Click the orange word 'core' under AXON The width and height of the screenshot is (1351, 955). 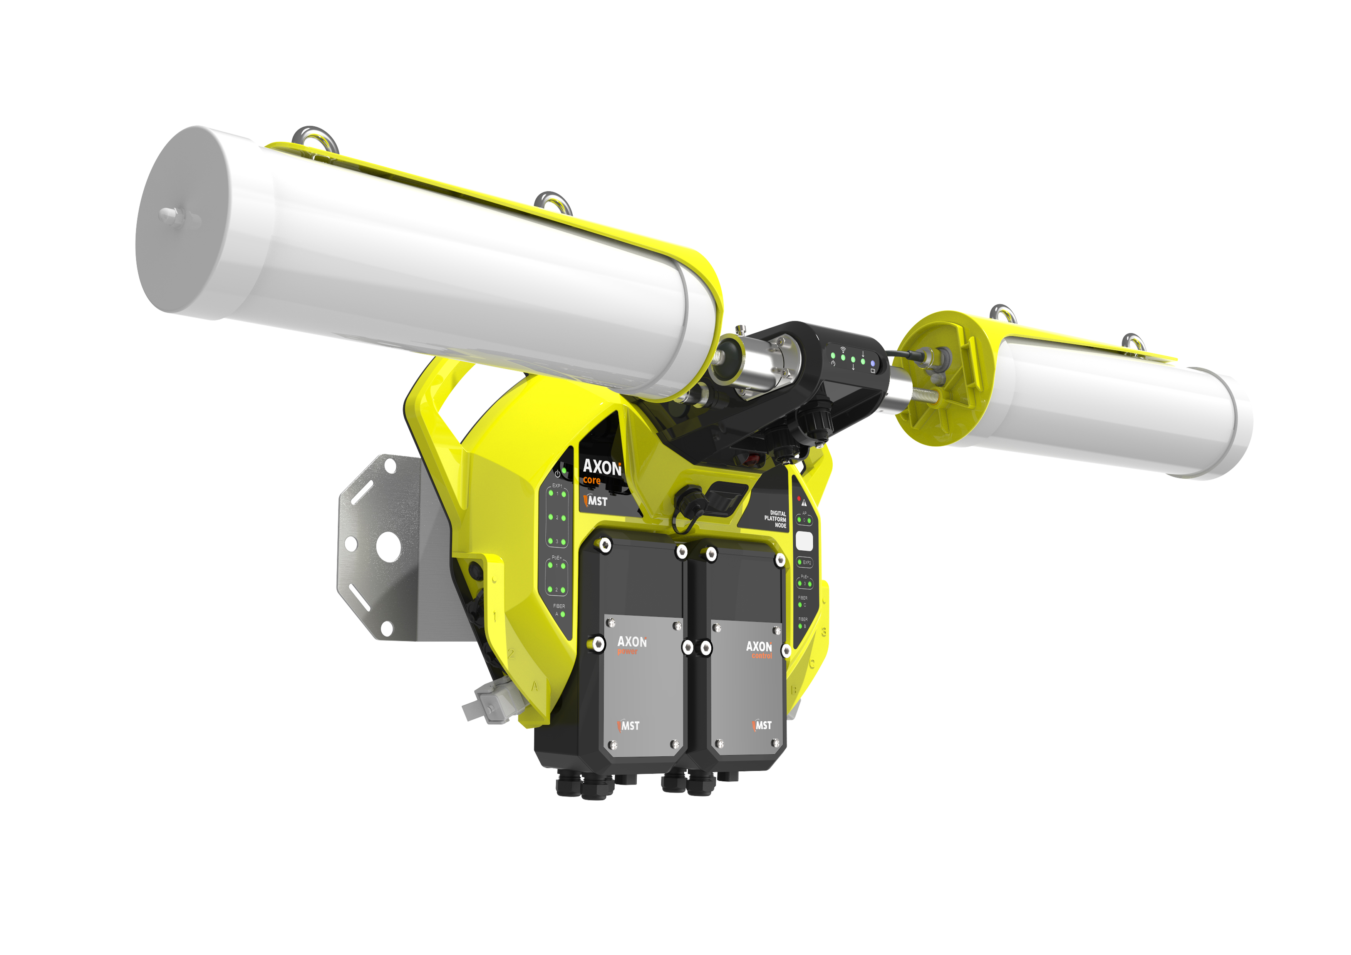[592, 480]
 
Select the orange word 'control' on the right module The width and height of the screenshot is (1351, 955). [761, 655]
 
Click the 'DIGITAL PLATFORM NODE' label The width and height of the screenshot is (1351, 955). [776, 519]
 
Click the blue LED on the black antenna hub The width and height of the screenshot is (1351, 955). [873, 364]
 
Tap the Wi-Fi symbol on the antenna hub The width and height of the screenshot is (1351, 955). [843, 350]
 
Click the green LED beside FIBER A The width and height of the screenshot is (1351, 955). [563, 614]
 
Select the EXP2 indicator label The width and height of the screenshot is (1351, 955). [806, 563]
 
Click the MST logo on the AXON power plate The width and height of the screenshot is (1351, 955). [629, 725]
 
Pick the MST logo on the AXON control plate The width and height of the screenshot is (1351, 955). [762, 725]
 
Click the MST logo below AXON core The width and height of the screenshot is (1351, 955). [595, 501]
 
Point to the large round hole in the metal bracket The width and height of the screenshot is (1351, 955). [388, 545]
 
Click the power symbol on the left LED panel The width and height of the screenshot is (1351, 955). [557, 474]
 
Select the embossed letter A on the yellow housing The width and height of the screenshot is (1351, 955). [534, 686]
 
